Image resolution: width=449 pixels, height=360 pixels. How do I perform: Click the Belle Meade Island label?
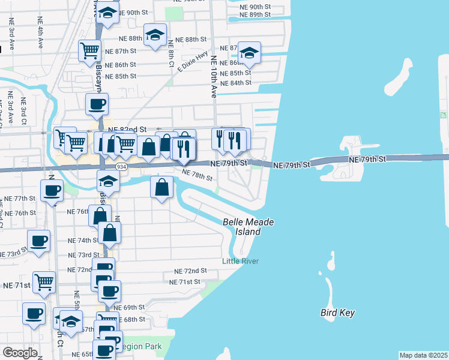(248, 227)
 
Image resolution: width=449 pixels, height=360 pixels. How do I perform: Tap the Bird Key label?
(337, 313)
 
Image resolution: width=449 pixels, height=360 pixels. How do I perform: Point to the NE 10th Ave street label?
(213, 77)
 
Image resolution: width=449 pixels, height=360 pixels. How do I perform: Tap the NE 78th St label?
(197, 175)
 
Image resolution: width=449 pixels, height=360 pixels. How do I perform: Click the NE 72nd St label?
(190, 271)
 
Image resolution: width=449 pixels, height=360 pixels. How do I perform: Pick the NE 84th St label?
(236, 82)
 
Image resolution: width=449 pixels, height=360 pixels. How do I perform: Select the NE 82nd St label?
(127, 130)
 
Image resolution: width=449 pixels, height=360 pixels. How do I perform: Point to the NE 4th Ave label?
(40, 35)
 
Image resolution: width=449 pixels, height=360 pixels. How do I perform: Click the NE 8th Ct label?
(171, 53)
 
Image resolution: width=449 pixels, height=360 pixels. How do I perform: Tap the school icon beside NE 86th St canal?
(249, 53)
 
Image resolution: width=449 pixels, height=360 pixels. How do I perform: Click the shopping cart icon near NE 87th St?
(90, 50)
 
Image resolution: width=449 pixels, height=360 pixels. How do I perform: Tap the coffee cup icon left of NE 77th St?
(52, 191)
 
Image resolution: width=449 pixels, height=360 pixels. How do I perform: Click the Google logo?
(20, 353)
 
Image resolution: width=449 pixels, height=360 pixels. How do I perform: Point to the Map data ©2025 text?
(423, 355)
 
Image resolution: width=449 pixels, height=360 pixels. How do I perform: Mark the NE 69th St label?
(131, 308)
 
